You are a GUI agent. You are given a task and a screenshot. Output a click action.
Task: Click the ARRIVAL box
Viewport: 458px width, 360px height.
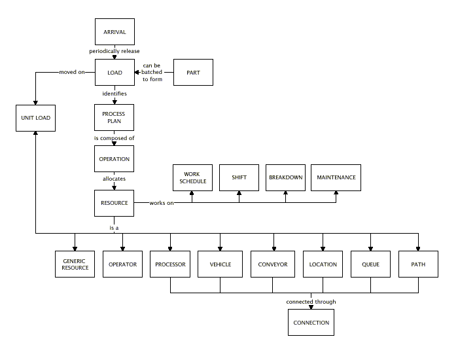pyautogui.click(x=114, y=32)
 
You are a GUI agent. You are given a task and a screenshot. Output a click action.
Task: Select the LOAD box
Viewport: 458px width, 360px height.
pyautogui.click(x=114, y=72)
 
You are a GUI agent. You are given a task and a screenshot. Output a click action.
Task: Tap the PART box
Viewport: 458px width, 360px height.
pyautogui.click(x=193, y=72)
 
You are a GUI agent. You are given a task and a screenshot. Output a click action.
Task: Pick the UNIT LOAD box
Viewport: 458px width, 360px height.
pyautogui.click(x=35, y=118)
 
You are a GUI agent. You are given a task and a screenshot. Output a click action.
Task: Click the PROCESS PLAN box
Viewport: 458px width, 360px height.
pyautogui.click(x=114, y=118)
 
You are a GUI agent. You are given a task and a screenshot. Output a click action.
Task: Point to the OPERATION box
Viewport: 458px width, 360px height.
pyautogui.click(x=114, y=159)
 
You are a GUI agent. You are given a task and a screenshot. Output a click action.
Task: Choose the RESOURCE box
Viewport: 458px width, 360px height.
pyautogui.click(x=114, y=203)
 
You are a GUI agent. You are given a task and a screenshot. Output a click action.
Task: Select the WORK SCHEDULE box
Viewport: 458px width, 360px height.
pyautogui.click(x=193, y=177)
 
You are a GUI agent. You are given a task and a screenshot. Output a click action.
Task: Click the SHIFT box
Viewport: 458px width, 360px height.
pyautogui.click(x=239, y=177)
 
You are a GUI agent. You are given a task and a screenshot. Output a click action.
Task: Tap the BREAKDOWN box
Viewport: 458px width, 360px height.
pyautogui.click(x=286, y=177)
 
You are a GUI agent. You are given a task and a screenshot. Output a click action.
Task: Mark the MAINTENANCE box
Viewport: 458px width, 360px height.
pyautogui.click(x=336, y=177)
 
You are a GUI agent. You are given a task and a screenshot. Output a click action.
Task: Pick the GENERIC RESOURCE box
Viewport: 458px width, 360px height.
pyautogui.click(x=75, y=264)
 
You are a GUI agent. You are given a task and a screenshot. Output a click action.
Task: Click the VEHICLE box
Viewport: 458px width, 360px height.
pyautogui.click(x=220, y=264)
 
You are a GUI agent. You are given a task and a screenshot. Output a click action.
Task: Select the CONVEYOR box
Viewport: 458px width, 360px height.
pyautogui.click(x=273, y=264)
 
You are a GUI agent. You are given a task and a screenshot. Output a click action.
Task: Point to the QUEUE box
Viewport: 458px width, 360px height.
pyautogui.click(x=370, y=264)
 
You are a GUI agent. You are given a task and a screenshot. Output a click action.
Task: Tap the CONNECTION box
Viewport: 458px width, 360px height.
pyautogui.click(x=311, y=323)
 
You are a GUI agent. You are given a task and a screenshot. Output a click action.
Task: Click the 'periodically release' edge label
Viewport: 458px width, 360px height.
pyautogui.click(x=114, y=51)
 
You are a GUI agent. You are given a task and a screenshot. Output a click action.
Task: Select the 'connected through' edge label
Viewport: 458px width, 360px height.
pyautogui.click(x=311, y=302)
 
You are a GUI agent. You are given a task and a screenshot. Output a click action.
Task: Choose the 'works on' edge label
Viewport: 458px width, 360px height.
pyautogui.click(x=162, y=203)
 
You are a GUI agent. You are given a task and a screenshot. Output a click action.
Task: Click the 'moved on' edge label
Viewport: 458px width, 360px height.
pyautogui.click(x=71, y=72)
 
